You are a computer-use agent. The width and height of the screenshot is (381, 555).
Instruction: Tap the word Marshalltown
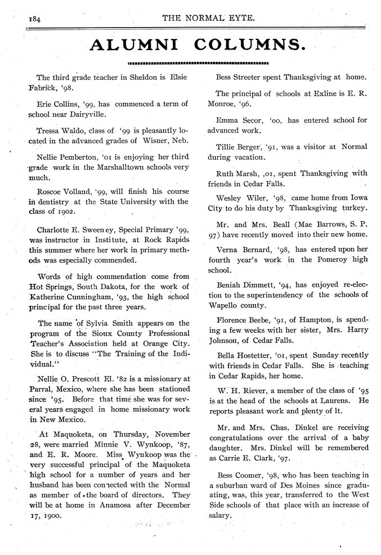click(x=104, y=165)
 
